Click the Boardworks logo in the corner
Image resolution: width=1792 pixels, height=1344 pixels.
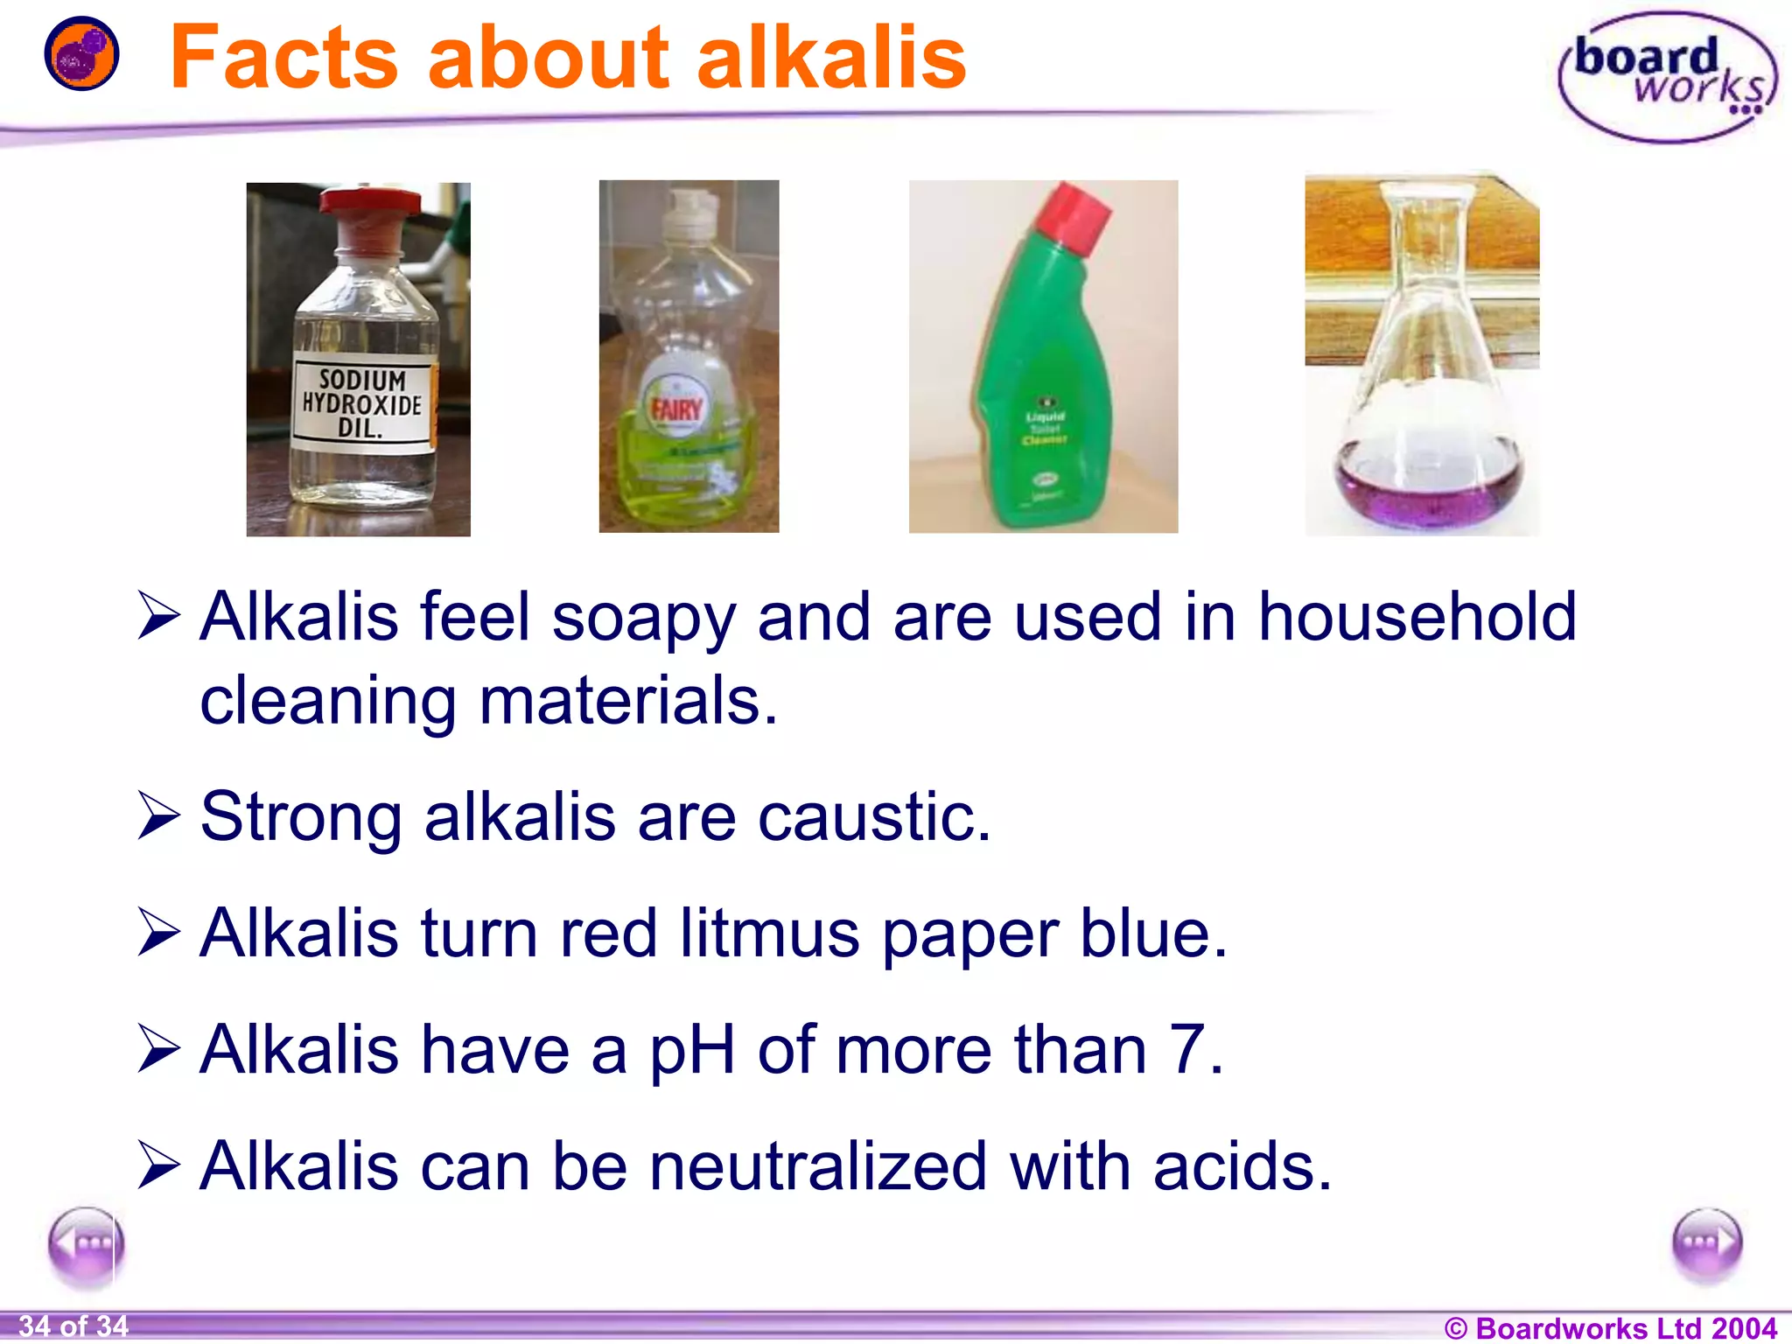click(x=1667, y=77)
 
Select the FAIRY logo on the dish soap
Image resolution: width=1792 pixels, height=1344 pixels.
click(x=676, y=408)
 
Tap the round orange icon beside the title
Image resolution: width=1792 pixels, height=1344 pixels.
click(x=81, y=53)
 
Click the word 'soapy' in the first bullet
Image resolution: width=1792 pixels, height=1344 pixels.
click(x=644, y=618)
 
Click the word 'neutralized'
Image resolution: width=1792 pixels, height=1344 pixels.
click(x=817, y=1166)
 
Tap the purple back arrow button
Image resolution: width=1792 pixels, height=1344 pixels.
click(x=86, y=1245)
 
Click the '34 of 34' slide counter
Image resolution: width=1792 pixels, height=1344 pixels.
click(x=73, y=1326)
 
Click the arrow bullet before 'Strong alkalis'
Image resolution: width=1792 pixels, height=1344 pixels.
click(x=159, y=816)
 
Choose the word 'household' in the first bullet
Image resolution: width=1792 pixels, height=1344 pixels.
click(x=1417, y=618)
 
